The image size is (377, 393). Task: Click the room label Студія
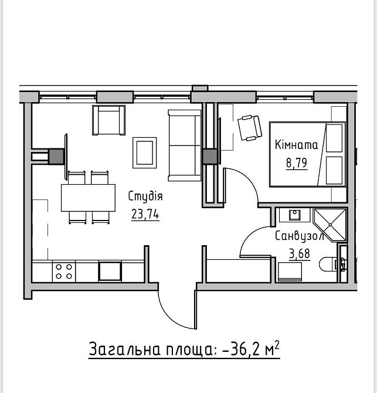tap(145, 196)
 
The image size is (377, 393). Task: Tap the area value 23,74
tap(145, 214)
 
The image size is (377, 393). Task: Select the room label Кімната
tap(296, 145)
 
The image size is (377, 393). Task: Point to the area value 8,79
tap(297, 163)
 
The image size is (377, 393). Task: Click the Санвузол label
tap(300, 236)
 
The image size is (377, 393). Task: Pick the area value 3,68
tap(300, 253)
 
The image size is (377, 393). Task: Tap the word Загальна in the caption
tap(124, 349)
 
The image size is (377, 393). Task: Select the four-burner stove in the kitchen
tap(64, 272)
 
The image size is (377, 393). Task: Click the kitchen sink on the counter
tap(110, 271)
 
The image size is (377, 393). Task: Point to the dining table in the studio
tap(88, 198)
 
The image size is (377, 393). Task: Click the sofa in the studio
tap(185, 145)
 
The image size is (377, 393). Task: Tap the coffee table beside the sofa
tap(145, 153)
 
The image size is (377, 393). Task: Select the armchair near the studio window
tap(108, 120)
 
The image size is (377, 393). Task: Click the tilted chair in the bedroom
tap(250, 128)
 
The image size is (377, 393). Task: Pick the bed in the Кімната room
tap(308, 154)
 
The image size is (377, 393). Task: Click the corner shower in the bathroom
tap(330, 225)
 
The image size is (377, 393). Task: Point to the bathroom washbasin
tap(294, 215)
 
